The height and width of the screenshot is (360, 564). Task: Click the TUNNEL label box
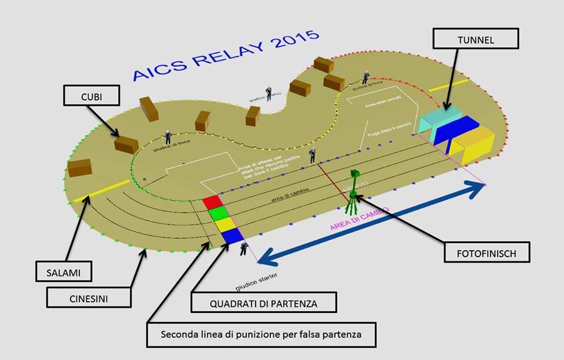(x=476, y=39)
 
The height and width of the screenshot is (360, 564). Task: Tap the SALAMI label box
(x=62, y=272)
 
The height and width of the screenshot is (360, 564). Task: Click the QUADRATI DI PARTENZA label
(x=264, y=303)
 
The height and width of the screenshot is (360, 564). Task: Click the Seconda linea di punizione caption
(x=261, y=335)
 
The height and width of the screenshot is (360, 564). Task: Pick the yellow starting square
(x=224, y=224)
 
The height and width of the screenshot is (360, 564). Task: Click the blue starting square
(x=231, y=235)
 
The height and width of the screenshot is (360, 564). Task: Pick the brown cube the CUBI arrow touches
(x=126, y=143)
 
